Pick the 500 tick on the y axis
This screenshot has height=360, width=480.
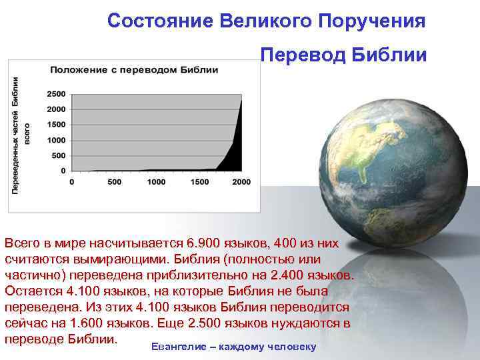[58, 155]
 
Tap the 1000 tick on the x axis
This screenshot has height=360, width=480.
[157, 182]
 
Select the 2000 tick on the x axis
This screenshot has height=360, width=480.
[241, 182]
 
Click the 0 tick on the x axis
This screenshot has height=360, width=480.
[72, 182]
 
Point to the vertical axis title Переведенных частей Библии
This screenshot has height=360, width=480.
[15, 133]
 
